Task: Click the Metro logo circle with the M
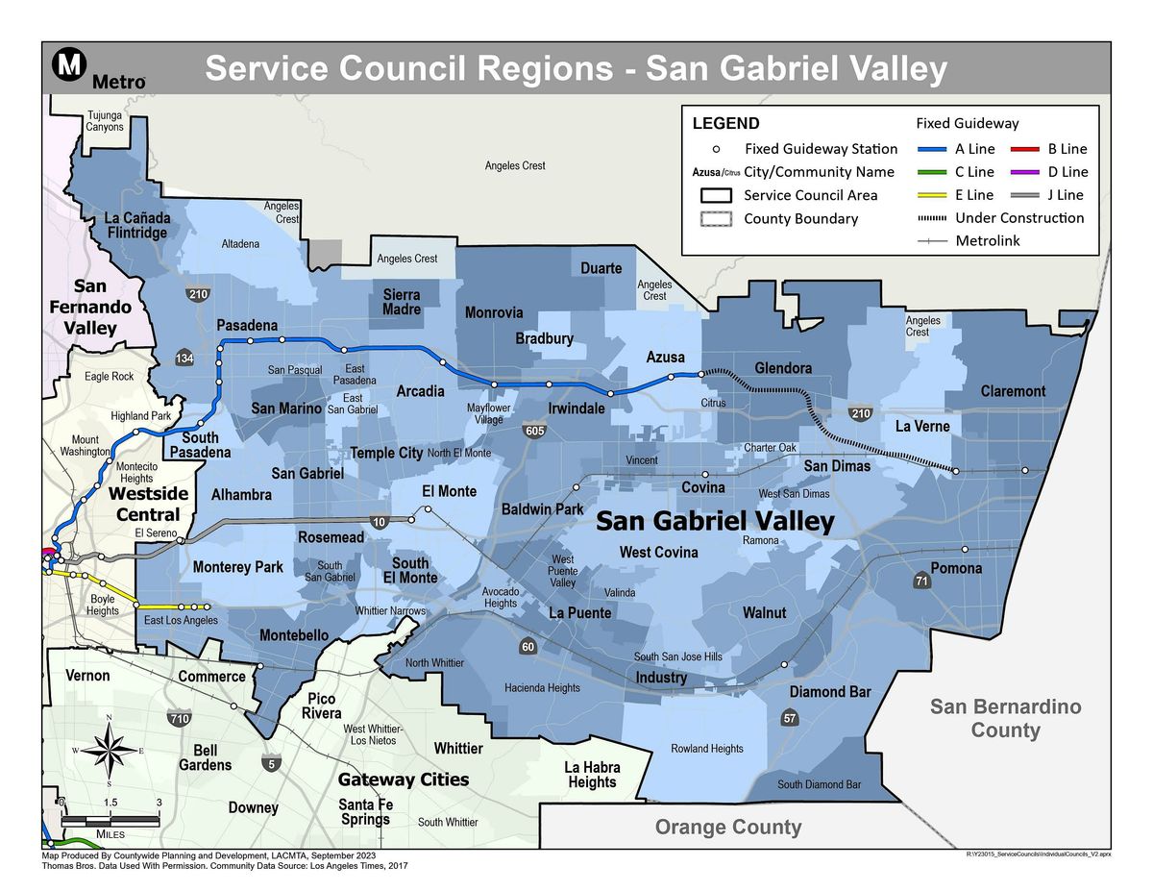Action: pyautogui.click(x=68, y=65)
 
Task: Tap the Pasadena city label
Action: pyautogui.click(x=247, y=325)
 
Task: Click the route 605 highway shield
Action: pyautogui.click(x=535, y=432)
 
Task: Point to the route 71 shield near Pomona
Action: pyautogui.click(x=921, y=581)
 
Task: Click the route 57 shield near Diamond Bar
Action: pyautogui.click(x=789, y=718)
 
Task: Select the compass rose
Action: pyautogui.click(x=110, y=750)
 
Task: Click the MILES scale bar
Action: pyautogui.click(x=110, y=820)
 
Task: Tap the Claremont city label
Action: pyautogui.click(x=1013, y=391)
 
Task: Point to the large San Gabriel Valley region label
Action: pyautogui.click(x=715, y=522)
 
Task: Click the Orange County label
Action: pyautogui.click(x=727, y=827)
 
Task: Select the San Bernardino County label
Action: pyautogui.click(x=1005, y=718)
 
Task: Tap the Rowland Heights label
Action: pyautogui.click(x=706, y=749)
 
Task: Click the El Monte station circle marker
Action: pyautogui.click(x=429, y=509)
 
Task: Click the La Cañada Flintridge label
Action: pyautogui.click(x=137, y=224)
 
